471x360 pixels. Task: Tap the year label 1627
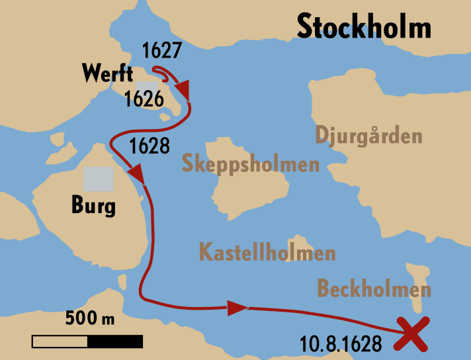click(162, 50)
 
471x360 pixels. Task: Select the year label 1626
click(144, 99)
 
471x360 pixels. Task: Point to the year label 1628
click(150, 146)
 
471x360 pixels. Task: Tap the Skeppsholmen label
click(251, 163)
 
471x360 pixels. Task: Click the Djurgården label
click(368, 136)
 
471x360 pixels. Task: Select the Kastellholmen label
click(267, 252)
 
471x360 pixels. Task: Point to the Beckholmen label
click(374, 289)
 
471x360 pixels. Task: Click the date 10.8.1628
click(340, 344)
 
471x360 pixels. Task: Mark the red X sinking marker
click(411, 334)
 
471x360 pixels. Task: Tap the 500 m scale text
click(90, 318)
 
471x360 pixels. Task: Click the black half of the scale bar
click(114, 341)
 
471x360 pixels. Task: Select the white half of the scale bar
click(60, 341)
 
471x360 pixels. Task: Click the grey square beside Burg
click(98, 179)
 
